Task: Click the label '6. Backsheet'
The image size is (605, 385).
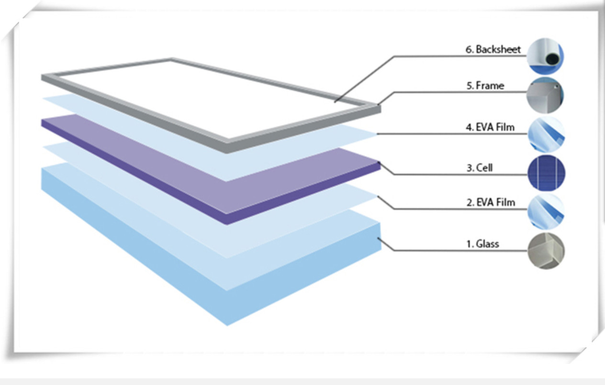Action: click(x=493, y=49)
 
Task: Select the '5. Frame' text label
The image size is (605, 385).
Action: click(x=485, y=86)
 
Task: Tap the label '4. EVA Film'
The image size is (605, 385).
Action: click(x=490, y=127)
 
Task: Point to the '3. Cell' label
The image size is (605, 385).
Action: click(x=480, y=168)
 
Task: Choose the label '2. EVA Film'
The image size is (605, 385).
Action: click(x=491, y=203)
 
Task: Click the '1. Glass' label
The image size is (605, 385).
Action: click(x=482, y=244)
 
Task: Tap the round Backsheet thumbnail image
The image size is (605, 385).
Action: click(x=545, y=56)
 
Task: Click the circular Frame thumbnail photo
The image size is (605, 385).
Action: click(x=545, y=95)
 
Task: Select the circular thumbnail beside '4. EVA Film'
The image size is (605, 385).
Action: click(x=546, y=134)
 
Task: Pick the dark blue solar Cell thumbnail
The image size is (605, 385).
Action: click(x=546, y=173)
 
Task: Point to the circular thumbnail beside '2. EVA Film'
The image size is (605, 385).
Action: click(x=546, y=212)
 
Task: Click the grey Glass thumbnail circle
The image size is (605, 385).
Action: click(x=546, y=251)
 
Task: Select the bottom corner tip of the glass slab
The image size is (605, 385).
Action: click(x=227, y=326)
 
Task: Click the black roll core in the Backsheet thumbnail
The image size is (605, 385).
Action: click(x=552, y=59)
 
